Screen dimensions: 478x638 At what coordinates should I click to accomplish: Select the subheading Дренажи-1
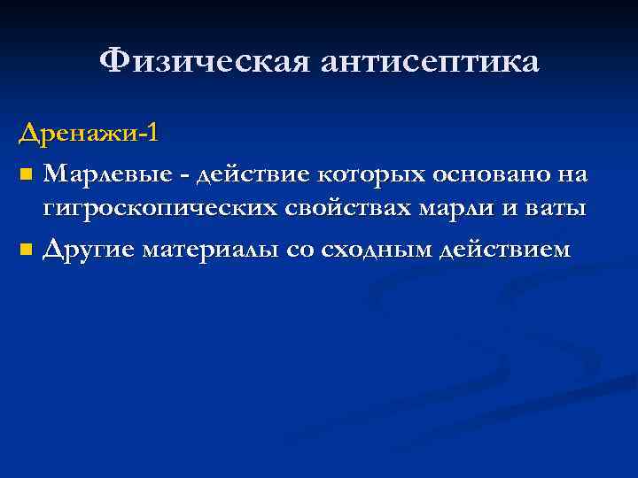click(x=89, y=135)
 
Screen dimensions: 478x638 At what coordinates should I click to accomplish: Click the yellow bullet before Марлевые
click(x=26, y=175)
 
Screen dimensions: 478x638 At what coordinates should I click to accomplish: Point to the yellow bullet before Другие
click(x=26, y=251)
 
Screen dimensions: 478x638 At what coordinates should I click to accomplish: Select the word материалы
click(x=219, y=249)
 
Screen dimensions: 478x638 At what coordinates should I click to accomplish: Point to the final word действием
click(x=508, y=249)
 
